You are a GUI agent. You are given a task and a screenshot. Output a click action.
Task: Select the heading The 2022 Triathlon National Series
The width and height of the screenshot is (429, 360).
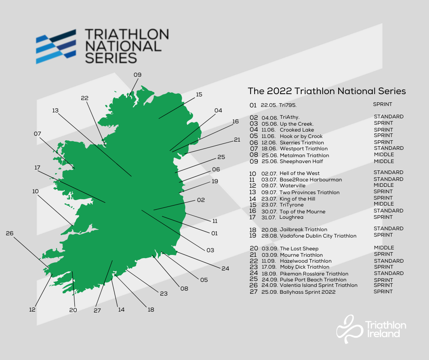click(x=326, y=91)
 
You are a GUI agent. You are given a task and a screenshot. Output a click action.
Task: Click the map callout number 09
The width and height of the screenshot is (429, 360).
click(x=137, y=74)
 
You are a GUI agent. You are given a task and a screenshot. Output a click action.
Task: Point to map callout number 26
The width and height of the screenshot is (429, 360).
click(x=10, y=233)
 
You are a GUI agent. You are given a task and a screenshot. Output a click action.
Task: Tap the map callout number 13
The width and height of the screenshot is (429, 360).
click(x=56, y=111)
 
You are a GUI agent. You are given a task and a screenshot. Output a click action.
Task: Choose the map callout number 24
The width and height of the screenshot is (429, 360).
click(x=225, y=268)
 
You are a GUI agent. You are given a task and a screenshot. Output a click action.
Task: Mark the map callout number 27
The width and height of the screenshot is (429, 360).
click(x=97, y=310)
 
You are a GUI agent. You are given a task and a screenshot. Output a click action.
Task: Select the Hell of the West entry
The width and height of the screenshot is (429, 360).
click(x=299, y=174)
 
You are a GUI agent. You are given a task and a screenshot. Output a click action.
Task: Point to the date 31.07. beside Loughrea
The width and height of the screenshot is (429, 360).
click(x=268, y=218)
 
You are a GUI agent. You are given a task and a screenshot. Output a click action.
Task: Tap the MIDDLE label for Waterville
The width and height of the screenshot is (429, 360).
click(x=383, y=185)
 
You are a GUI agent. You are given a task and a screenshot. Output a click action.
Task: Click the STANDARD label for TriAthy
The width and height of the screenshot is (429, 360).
click(x=388, y=117)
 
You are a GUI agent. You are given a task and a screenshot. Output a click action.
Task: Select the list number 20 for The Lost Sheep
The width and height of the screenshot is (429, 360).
click(x=253, y=249)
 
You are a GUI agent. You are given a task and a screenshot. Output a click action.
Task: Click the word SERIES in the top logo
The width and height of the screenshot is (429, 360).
click(x=110, y=58)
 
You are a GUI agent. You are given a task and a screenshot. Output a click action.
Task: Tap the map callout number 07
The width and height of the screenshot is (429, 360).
click(x=37, y=134)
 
